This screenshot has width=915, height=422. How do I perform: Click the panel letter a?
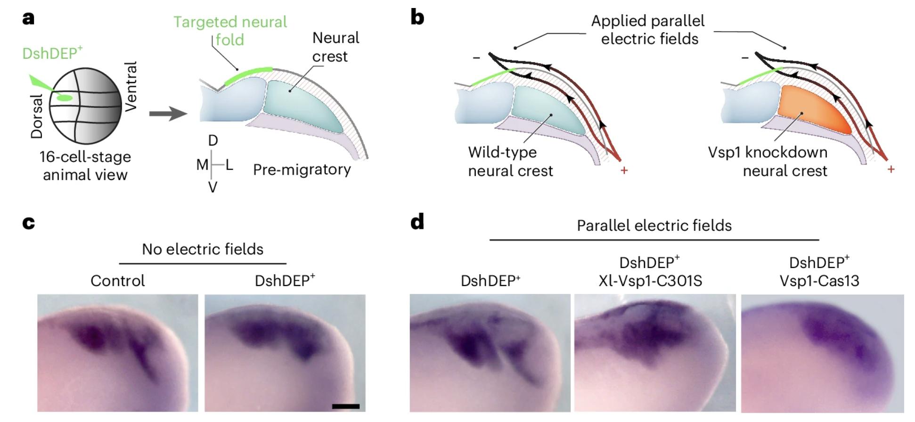(x=28, y=19)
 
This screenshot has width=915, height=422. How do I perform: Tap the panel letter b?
(x=417, y=18)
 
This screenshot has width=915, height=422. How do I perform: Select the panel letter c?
(x=28, y=222)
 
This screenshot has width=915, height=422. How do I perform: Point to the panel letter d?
(x=417, y=221)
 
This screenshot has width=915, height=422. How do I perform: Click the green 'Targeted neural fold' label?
(x=230, y=30)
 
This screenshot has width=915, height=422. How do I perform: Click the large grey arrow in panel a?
(x=168, y=114)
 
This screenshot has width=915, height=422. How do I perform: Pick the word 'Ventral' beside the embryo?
(x=131, y=86)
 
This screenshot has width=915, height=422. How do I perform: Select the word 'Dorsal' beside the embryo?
(x=36, y=116)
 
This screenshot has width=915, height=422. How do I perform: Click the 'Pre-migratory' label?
(x=302, y=170)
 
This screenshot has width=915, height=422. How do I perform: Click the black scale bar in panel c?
(x=345, y=406)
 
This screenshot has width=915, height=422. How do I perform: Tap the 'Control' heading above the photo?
(x=118, y=281)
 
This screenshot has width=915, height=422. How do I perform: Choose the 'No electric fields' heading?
(x=203, y=249)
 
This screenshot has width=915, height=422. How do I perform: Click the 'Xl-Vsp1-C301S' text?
(x=650, y=281)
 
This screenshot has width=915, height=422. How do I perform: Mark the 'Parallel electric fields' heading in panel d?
(x=654, y=225)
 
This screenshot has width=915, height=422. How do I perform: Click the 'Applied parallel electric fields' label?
(x=649, y=29)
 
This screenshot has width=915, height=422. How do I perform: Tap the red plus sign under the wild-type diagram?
(x=624, y=170)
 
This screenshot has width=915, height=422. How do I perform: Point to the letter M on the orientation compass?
(x=202, y=164)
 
